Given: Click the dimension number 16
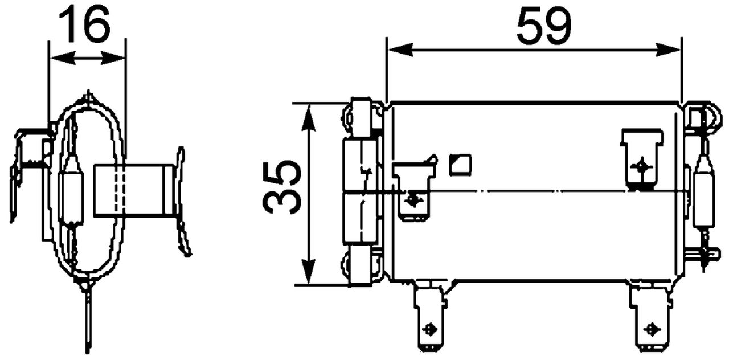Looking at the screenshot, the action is pyautogui.click(x=84, y=24).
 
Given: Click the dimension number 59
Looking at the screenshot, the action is pyautogui.click(x=544, y=26).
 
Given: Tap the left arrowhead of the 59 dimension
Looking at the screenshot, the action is pyautogui.click(x=400, y=50).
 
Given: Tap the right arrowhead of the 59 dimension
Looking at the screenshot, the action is pyautogui.click(x=668, y=50).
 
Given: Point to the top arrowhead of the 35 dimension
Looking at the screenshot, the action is pyautogui.click(x=308, y=118).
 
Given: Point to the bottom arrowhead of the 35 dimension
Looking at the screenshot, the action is pyautogui.click(x=308, y=271).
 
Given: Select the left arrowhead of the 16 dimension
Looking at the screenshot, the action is pyautogui.click(x=62, y=59).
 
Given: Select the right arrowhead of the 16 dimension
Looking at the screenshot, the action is pyautogui.click(x=113, y=59).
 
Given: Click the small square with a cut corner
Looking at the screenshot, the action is pyautogui.click(x=460, y=165).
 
